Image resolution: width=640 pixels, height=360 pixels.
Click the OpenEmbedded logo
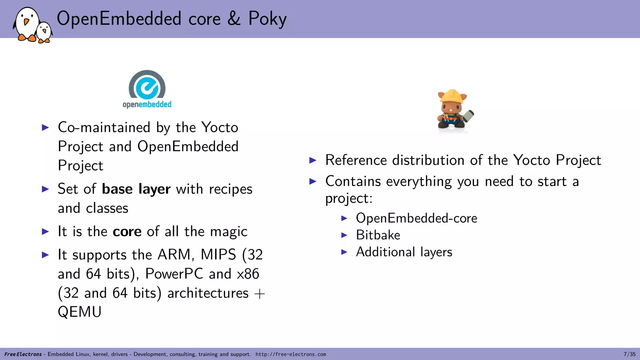tap(147, 89)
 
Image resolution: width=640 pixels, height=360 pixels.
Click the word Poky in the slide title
tap(267, 19)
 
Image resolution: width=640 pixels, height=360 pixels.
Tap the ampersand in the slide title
tap(234, 18)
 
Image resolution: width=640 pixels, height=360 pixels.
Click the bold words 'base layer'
tap(136, 189)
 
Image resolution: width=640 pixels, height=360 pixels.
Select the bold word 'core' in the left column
tap(127, 232)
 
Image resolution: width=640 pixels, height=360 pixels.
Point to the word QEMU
tap(80, 312)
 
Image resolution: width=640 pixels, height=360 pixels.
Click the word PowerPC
tap(174, 274)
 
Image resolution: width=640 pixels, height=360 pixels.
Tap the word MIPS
tap(218, 254)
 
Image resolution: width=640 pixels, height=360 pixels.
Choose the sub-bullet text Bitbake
tap(378, 235)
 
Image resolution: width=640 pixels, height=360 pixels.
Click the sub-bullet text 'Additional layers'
tap(404, 252)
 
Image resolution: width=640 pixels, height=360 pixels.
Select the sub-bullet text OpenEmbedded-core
tap(416, 218)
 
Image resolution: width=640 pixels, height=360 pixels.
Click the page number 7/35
tap(629, 354)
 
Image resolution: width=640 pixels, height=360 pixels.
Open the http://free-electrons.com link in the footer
tap(291, 354)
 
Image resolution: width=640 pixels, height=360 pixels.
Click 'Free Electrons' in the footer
tap(23, 354)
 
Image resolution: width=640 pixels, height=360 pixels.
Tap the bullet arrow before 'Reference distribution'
tap(313, 161)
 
